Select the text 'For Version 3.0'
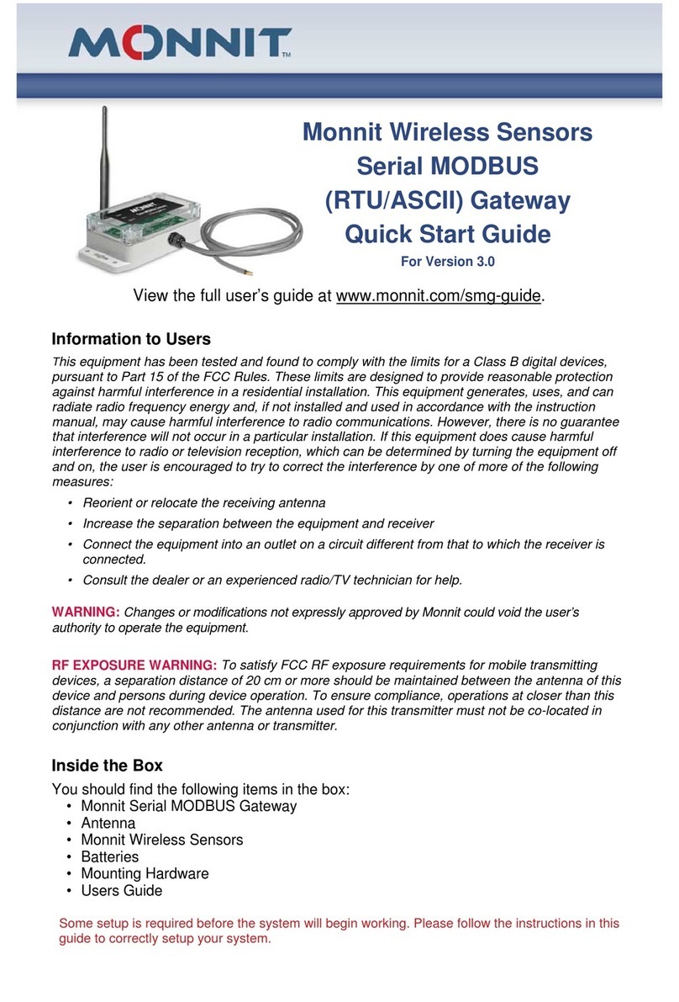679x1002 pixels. click(x=447, y=262)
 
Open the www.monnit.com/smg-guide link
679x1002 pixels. click(x=439, y=296)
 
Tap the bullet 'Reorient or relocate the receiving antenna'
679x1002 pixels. click(x=203, y=503)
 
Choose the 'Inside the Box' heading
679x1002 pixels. click(x=107, y=766)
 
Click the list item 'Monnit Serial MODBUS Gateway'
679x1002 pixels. click(x=188, y=806)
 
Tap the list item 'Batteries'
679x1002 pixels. click(x=109, y=856)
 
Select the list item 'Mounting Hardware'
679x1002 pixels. click(x=145, y=873)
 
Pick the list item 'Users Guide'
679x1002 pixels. click(x=121, y=890)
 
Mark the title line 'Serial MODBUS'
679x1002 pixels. click(x=447, y=167)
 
